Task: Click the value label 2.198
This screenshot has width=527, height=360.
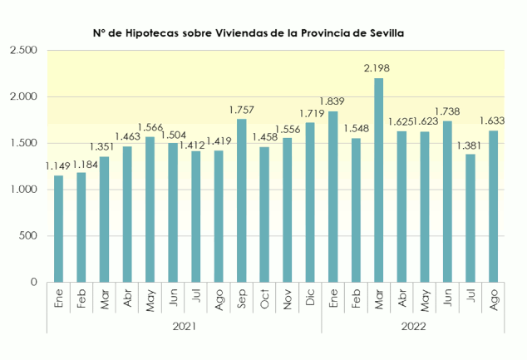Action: point(377,67)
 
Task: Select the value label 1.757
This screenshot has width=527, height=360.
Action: point(241,109)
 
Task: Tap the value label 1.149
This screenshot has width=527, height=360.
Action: point(58,165)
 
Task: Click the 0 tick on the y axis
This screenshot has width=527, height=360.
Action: point(34,283)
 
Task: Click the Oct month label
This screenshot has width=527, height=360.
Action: point(264,302)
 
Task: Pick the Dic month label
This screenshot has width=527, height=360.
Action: point(310,301)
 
